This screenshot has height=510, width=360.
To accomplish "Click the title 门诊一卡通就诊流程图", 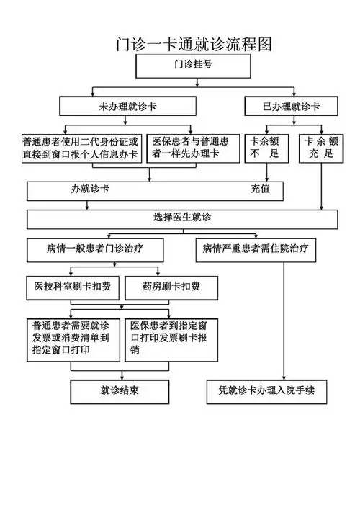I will (194, 44).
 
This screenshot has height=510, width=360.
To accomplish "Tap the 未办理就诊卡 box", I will (128, 107).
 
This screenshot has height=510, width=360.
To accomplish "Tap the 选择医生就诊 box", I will (182, 218).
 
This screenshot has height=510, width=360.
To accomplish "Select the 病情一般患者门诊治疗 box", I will (94, 249).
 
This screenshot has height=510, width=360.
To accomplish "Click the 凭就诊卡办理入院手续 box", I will (266, 392).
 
